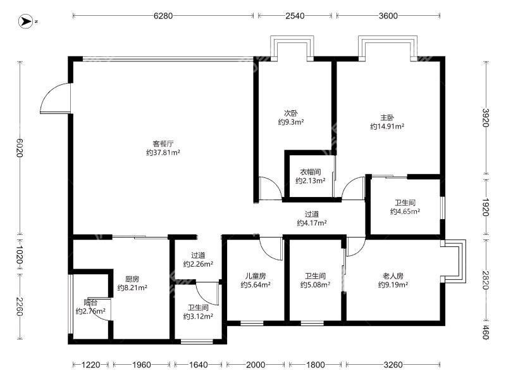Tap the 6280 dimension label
pos(163,15)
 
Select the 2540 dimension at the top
pos(295,15)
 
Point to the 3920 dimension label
pos(486,118)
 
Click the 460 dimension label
pos(486,332)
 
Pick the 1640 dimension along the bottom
pos(198,365)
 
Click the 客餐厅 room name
pos(163,144)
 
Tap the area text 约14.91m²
pos(387,126)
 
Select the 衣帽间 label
pos(311,172)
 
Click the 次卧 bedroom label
pos(291,113)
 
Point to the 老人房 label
pos(393,276)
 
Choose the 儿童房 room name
pos(256,276)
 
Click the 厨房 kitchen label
pos(132,279)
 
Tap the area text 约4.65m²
pos(405,212)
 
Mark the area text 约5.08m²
pos(315,284)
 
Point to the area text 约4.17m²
pos(312,223)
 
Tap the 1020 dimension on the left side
pos(20,255)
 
